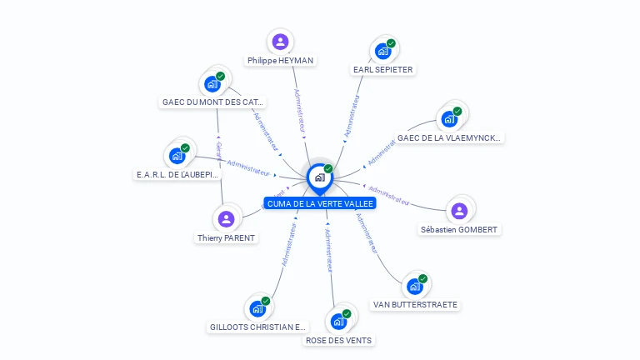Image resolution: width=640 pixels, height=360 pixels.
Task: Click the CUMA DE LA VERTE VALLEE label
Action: point(320,203)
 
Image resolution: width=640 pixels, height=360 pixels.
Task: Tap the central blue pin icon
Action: point(319,177)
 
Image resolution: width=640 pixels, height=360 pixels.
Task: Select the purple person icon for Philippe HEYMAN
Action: point(281,42)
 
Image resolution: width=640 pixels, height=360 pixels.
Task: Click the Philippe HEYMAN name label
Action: point(281,61)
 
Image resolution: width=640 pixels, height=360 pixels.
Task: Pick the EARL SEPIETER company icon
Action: point(382,51)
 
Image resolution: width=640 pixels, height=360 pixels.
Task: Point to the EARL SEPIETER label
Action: point(382,70)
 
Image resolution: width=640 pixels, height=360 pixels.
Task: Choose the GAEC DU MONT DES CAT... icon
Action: point(212,83)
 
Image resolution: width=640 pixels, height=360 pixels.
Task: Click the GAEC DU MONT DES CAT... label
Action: point(212,102)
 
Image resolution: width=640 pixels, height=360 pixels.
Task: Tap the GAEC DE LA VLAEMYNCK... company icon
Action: point(449,118)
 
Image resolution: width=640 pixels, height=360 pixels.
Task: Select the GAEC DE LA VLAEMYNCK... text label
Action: point(449,137)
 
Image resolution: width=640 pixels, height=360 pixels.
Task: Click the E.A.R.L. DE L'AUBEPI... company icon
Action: point(177,156)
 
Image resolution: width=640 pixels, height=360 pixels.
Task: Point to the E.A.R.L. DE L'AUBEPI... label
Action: point(177,175)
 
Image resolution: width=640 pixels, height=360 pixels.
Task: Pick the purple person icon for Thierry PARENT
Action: point(226,219)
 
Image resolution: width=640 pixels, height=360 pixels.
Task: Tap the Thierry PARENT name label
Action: point(226,237)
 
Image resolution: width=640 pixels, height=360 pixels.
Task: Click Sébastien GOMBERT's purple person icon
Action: point(459,211)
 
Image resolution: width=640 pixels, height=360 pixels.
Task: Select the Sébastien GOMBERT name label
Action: point(460,229)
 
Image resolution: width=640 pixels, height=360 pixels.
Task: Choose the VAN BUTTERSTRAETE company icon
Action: point(415,286)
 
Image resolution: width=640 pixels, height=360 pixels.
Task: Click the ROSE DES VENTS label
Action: point(338,340)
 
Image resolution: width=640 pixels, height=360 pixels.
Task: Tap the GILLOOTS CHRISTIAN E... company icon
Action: point(257,308)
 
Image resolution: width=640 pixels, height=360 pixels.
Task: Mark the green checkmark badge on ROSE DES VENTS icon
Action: point(347,314)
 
